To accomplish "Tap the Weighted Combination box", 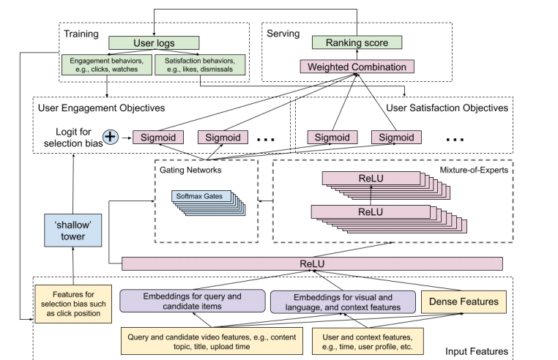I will tap(357, 67).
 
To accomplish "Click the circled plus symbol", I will tap(111, 136).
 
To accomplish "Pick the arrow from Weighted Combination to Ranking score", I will tap(357, 55).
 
